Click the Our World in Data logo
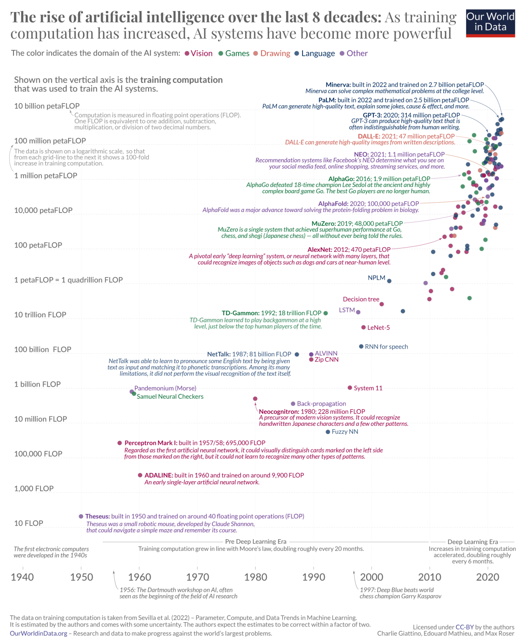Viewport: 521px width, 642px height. [x=490, y=23]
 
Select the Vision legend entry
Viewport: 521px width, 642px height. [x=201, y=54]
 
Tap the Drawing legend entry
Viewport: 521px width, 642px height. [x=275, y=54]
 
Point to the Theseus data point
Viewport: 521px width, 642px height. [x=81, y=516]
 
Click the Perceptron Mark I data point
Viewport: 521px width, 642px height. [x=120, y=443]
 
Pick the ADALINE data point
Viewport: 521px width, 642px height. [x=140, y=475]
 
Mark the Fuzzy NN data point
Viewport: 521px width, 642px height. [x=328, y=432]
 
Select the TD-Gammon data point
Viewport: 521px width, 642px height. [x=326, y=313]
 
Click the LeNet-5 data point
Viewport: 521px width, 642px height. [x=364, y=328]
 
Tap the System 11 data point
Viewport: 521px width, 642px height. [x=350, y=388]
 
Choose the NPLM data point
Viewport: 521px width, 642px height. [x=389, y=281]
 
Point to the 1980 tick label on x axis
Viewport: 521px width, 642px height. [x=256, y=577]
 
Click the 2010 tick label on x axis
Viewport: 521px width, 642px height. [x=429, y=577]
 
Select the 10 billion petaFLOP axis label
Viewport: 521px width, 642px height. [x=47, y=106]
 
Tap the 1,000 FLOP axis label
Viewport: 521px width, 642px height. [x=34, y=489]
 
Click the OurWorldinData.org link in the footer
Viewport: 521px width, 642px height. [x=39, y=634]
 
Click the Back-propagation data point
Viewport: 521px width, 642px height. [x=293, y=404]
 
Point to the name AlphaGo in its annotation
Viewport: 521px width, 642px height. [x=341, y=179]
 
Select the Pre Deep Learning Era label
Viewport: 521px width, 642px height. [x=256, y=542]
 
